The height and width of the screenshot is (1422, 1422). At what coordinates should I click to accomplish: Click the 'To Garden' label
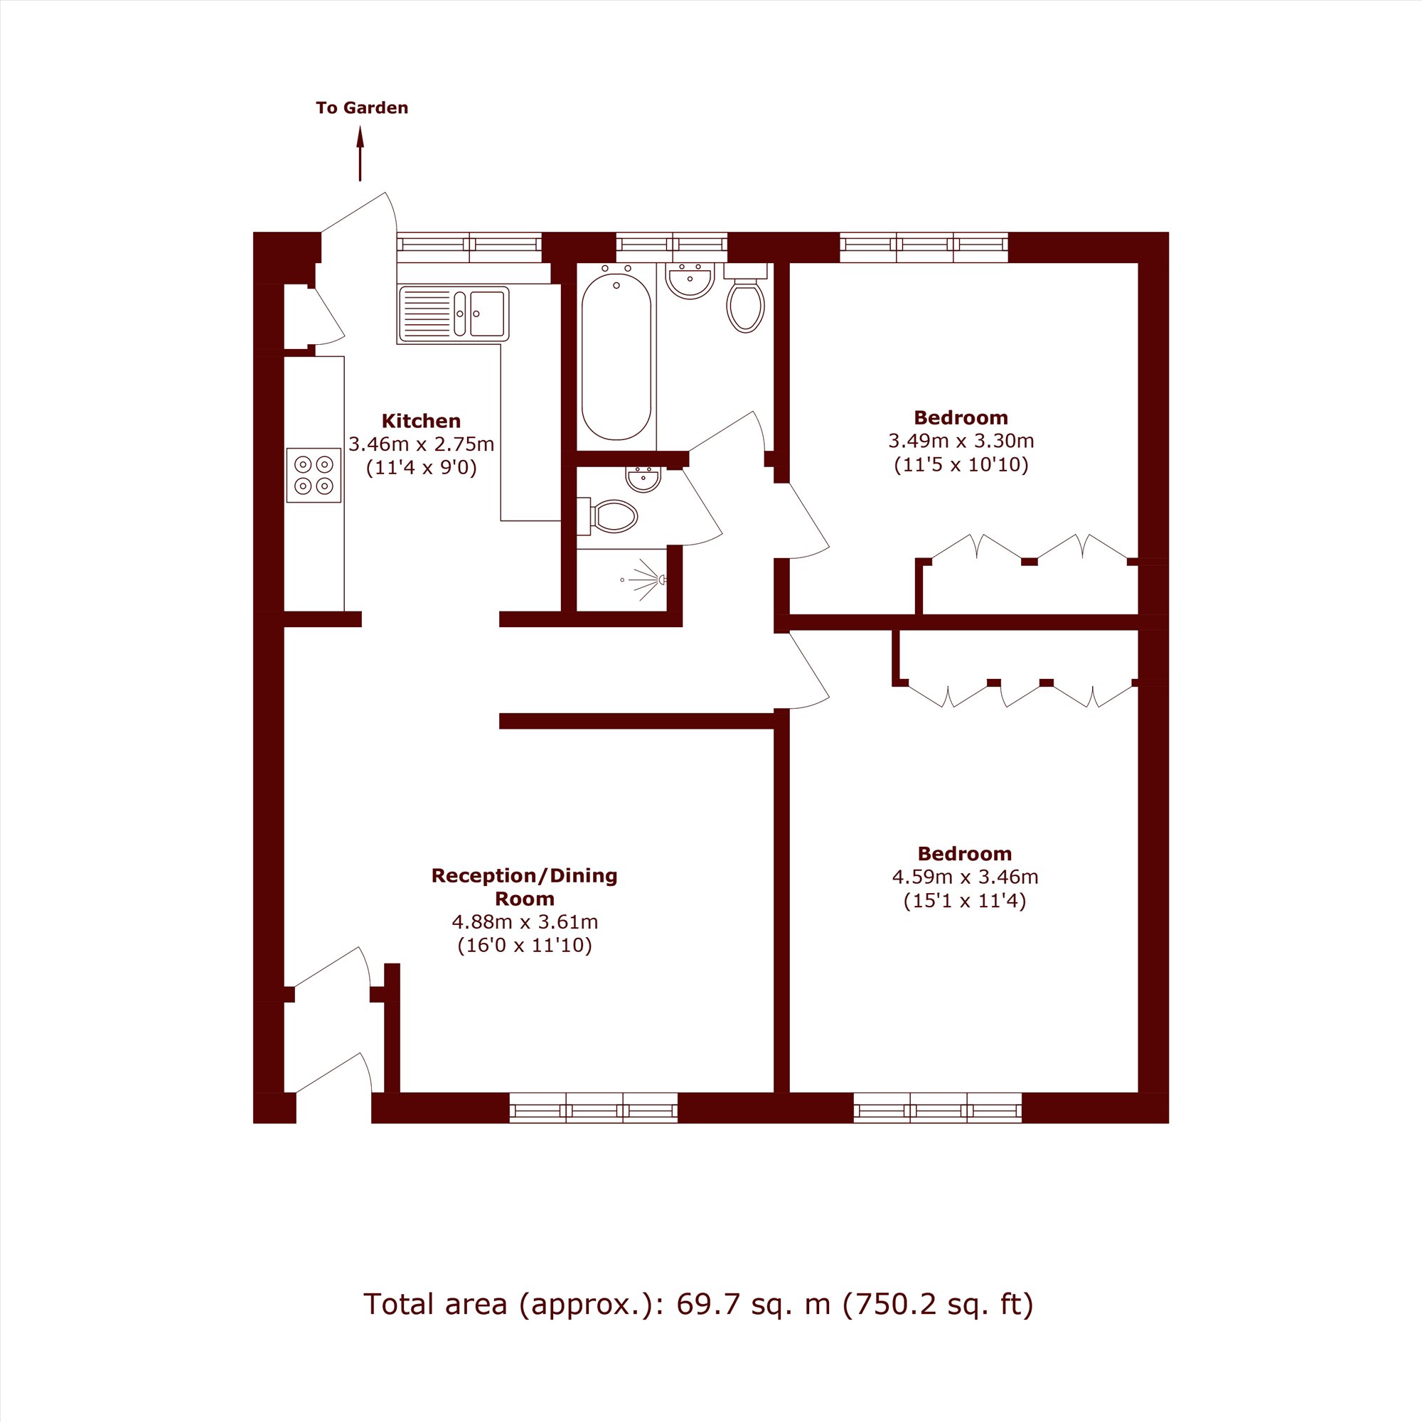click(361, 108)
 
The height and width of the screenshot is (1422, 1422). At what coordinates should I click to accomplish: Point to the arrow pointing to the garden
click(360, 154)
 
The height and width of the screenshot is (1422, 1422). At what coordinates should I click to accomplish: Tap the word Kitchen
click(421, 421)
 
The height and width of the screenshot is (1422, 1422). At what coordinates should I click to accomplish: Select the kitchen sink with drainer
click(454, 314)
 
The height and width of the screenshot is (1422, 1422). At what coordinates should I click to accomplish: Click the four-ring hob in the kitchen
click(314, 476)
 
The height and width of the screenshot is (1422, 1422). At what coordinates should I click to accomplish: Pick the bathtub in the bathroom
click(616, 358)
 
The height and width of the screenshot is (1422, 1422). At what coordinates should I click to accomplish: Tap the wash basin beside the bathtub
click(690, 280)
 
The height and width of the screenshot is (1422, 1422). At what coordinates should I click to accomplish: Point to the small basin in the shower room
click(643, 479)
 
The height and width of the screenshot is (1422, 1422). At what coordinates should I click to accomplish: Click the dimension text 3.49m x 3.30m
click(961, 442)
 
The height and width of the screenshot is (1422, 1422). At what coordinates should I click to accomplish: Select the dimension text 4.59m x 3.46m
click(965, 877)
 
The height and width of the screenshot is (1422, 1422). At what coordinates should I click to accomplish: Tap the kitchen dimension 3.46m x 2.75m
click(421, 444)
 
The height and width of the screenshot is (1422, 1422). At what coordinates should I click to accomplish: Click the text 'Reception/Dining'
click(524, 876)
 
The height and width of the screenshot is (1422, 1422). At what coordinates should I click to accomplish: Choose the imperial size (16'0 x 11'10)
click(525, 945)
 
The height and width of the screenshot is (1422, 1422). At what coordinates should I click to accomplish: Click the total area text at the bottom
click(698, 1304)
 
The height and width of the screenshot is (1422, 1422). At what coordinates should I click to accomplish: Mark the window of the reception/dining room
click(593, 1108)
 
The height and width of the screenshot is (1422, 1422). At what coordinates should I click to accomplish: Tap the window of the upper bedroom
click(924, 247)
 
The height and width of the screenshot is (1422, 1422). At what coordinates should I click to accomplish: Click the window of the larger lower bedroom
click(938, 1108)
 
